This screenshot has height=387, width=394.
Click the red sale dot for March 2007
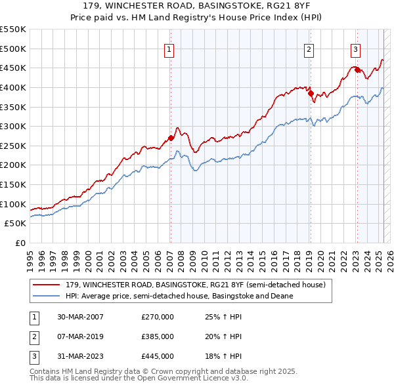(171, 138)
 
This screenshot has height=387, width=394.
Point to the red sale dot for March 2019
(310, 93)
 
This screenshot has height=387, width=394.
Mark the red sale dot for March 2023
(357, 70)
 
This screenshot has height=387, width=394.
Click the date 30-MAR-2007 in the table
(80, 317)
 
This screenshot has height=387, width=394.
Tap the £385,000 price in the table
(157, 336)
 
